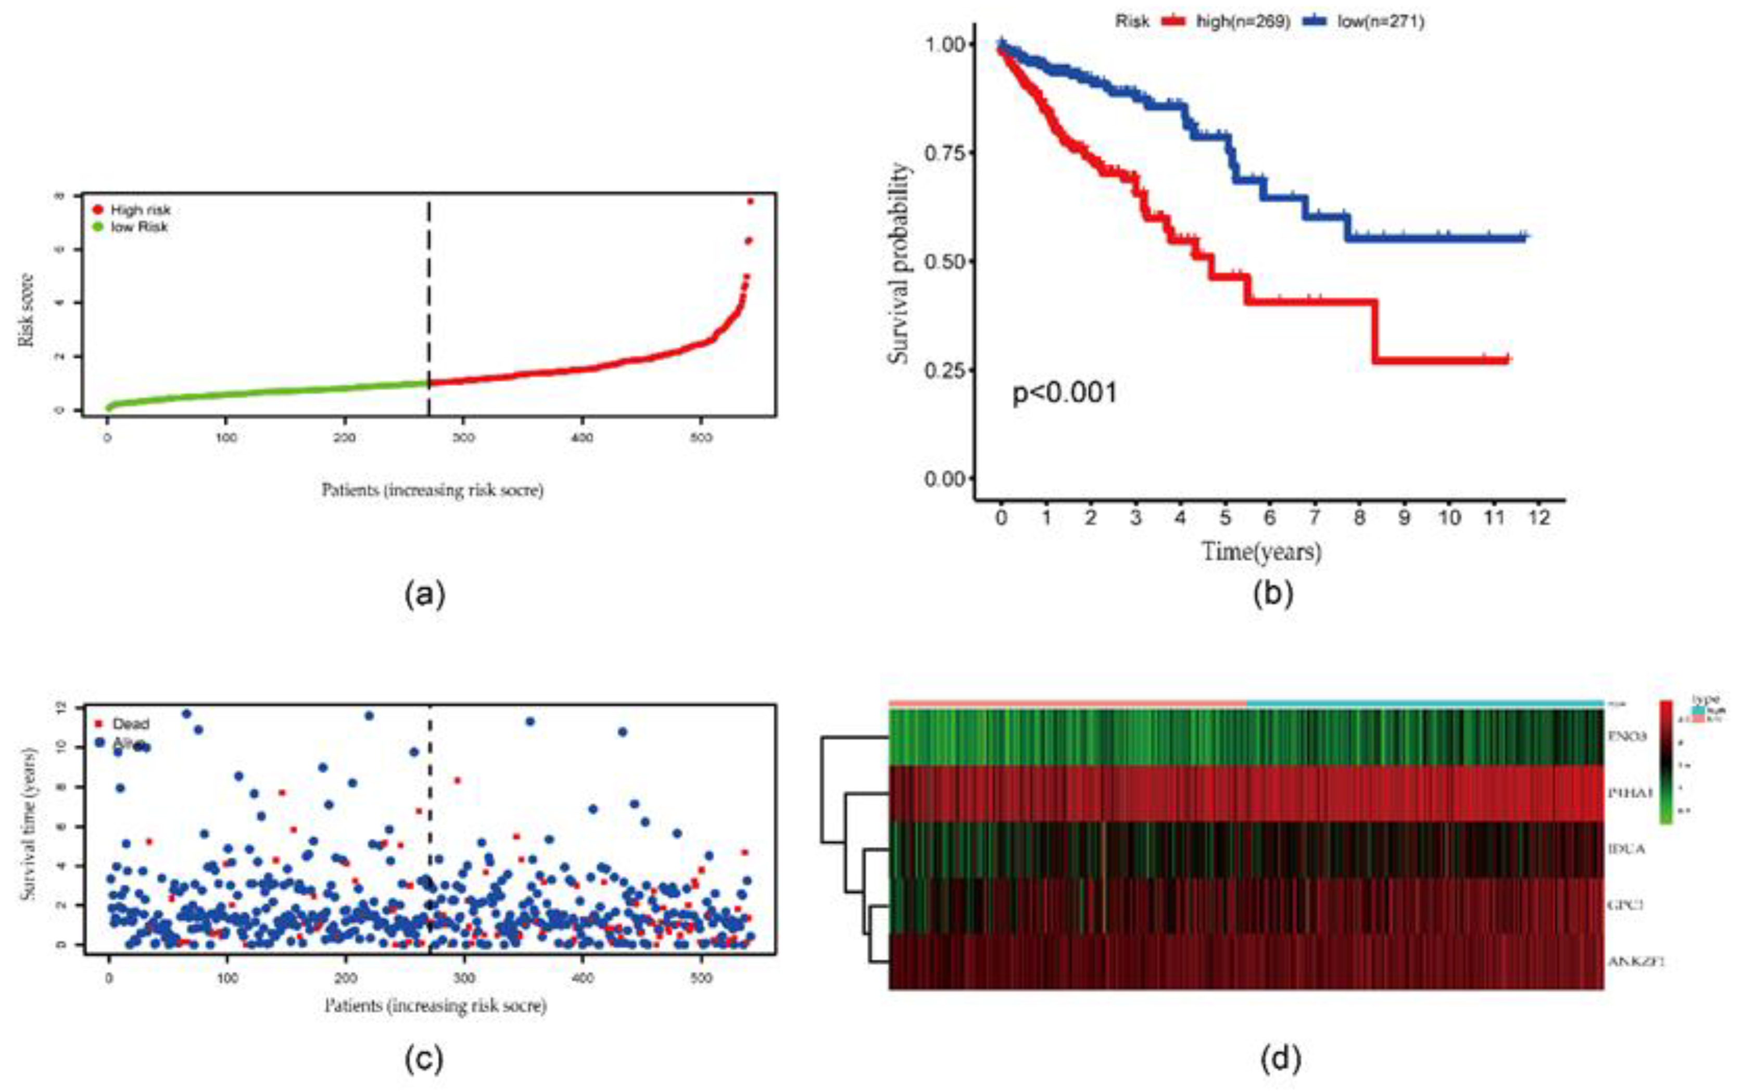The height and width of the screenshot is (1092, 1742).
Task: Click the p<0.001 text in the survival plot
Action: coord(1065,393)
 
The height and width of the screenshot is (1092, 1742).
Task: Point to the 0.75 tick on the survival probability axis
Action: coord(944,153)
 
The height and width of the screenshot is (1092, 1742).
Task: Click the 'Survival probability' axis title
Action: coord(899,263)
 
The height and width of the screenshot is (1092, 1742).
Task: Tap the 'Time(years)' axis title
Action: coord(1261,552)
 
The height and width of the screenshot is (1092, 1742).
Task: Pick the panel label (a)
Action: coord(425,594)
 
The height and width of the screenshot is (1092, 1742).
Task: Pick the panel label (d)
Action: coord(1280,1059)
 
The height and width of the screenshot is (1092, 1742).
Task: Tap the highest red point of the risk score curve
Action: coord(750,201)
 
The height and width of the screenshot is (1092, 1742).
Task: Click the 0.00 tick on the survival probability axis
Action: coord(944,479)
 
